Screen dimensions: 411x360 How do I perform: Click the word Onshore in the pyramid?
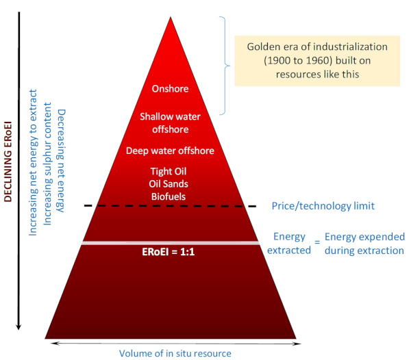coord(170,89)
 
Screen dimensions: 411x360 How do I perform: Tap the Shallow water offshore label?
coord(170,123)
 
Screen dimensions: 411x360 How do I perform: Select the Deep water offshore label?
coord(170,151)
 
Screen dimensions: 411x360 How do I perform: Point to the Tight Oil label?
coord(169,172)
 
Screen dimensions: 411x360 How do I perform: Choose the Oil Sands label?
coord(169,184)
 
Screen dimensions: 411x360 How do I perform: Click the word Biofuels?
coord(169,196)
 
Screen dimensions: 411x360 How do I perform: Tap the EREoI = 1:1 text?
coord(169,252)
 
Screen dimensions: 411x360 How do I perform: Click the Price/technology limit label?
coord(323,206)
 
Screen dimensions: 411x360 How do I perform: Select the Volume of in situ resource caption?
coord(175,353)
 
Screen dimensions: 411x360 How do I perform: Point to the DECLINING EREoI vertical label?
coord(8,162)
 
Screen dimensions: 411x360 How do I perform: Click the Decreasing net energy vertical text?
coord(61,161)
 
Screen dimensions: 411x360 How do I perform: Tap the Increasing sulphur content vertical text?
coord(47,164)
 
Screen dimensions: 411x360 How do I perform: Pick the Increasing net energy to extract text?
coord(33,163)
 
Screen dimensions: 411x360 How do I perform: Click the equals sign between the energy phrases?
coord(317,242)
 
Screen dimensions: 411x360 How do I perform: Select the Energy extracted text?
coord(289,243)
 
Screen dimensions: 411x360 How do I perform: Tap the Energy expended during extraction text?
coord(364,244)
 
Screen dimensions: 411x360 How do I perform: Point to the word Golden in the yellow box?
coord(262,47)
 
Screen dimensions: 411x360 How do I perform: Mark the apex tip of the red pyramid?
coord(171,17)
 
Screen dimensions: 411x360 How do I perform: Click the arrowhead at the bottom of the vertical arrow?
coord(18,327)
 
